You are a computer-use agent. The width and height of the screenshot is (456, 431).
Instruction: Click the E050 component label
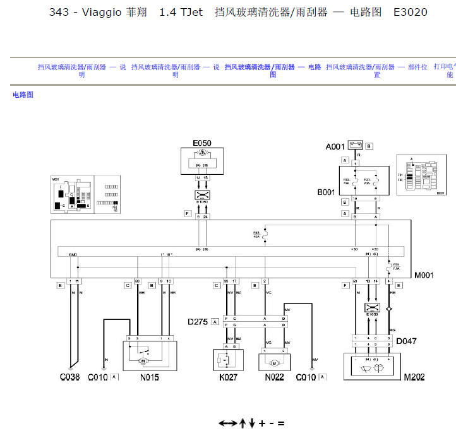pyautogui.click(x=202, y=143)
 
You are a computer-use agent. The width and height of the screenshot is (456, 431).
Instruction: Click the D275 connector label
pyautogui.click(x=198, y=322)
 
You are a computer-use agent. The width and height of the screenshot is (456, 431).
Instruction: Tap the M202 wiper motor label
pyautogui.click(x=416, y=378)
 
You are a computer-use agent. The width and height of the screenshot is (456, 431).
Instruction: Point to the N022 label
pyautogui.click(x=273, y=377)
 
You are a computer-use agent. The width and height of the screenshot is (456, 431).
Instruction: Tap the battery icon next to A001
pyautogui.click(x=356, y=146)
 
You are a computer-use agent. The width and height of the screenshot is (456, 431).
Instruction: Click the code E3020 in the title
pyautogui.click(x=410, y=12)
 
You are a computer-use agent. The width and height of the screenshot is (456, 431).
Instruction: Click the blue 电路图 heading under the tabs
pyautogui.click(x=23, y=95)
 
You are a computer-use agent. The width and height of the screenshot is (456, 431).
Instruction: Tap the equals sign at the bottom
pyautogui.click(x=280, y=423)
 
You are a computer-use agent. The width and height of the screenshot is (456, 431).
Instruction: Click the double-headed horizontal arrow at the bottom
pyautogui.click(x=227, y=423)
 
